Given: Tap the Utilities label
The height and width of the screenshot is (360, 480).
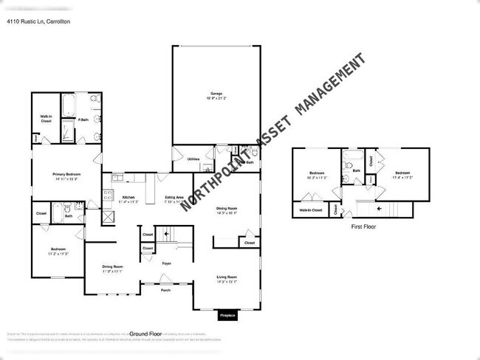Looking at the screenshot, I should pos(193,159).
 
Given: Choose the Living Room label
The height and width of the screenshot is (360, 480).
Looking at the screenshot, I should pos(227,278).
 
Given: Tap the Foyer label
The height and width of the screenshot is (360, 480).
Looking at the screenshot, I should pos(167,263).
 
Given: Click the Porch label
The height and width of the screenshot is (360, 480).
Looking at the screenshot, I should pos(166,291).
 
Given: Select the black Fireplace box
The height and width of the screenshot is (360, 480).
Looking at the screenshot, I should pos(228,316).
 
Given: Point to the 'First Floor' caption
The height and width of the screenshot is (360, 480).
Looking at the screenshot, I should pos(363,227).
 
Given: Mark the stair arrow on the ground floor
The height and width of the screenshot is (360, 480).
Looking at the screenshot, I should pos(168,235).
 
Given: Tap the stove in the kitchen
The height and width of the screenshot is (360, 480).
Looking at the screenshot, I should pos(109,197).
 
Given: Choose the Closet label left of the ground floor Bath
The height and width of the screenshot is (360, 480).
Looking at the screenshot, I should pos(41,214).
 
